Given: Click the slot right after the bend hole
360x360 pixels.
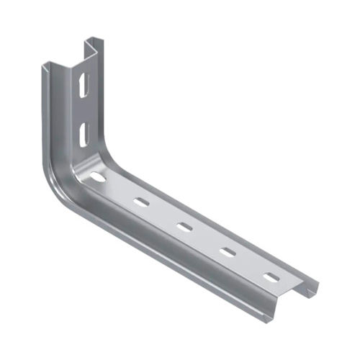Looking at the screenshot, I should tap(141, 202).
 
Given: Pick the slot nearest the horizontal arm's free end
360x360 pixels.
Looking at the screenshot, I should tap(271, 276).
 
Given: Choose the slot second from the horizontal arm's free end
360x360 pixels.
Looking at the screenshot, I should tap(228, 252).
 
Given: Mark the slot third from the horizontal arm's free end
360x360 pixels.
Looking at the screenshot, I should tap(184, 227).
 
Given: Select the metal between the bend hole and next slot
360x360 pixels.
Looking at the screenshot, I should tap(120, 189).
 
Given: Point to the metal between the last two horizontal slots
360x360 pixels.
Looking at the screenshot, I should tap(250, 264).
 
